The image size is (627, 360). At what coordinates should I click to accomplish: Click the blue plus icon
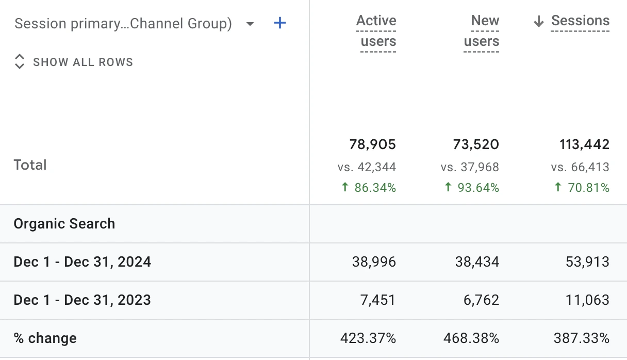tap(279, 23)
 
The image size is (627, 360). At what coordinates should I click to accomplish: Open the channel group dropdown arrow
tap(250, 24)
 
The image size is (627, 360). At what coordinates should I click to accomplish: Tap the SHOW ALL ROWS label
tap(83, 62)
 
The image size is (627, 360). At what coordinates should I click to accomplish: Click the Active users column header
tap(376, 31)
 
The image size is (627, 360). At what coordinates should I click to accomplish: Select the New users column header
tap(482, 31)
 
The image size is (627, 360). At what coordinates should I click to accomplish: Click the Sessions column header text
tap(580, 21)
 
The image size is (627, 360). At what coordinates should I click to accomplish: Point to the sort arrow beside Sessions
tap(538, 21)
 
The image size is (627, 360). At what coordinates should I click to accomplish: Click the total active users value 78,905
tap(373, 144)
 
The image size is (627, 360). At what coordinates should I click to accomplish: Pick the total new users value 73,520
tap(476, 144)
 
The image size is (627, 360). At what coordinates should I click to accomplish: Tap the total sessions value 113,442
tap(584, 144)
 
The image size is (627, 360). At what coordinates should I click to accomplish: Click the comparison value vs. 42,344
tap(367, 167)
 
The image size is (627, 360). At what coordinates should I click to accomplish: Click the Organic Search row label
tap(64, 224)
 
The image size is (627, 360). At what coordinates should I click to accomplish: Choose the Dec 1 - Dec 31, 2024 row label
tap(82, 261)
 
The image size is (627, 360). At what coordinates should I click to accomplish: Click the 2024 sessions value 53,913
tap(587, 261)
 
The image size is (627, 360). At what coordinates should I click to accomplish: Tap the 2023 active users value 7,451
tap(377, 300)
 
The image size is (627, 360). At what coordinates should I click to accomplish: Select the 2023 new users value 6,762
tap(481, 300)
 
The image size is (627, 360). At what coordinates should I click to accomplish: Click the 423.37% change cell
tap(368, 338)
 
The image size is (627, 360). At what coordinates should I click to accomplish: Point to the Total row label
tap(30, 165)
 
